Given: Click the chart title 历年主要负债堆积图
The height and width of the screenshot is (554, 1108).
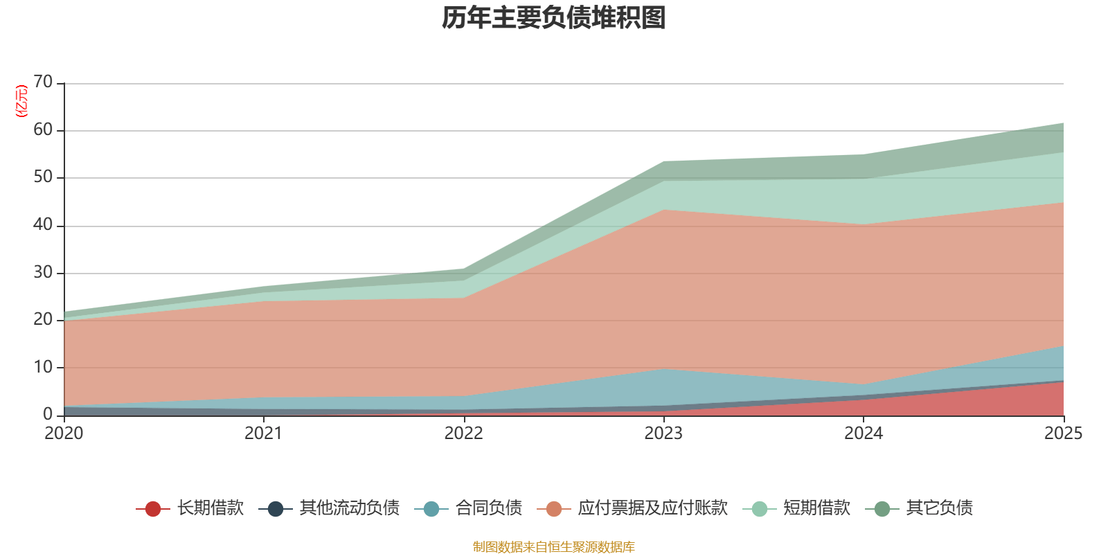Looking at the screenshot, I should pos(554,18).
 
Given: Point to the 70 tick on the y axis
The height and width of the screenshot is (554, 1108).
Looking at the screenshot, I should pos(43,82).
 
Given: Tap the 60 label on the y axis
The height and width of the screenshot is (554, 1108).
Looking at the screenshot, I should pos(43,129).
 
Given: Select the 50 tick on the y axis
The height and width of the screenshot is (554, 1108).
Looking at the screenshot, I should pos(43,177).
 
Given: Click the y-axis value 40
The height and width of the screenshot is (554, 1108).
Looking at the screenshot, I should pos(43,224).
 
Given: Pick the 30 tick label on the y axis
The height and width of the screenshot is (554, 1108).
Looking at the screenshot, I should pos(43,272).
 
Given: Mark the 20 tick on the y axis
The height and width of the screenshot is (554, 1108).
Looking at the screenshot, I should pos(43,319).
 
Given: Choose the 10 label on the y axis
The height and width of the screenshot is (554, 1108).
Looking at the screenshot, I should pos(43,367).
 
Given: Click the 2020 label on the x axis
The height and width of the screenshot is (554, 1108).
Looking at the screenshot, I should pos(64,434).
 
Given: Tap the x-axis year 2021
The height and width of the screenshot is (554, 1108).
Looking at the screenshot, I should pos(263,434).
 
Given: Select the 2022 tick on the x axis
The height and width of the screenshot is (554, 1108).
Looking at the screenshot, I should pos(463,434).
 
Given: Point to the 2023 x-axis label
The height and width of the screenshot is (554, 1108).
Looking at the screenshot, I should pos(663,434).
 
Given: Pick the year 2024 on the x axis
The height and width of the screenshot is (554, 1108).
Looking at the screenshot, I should pos(863,434).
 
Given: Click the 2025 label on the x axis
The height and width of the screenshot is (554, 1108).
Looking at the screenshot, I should pos(1062,434).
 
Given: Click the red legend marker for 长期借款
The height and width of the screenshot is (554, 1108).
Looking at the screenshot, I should pos(153,509).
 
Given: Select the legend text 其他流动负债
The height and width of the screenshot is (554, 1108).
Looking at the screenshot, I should pos(349,508).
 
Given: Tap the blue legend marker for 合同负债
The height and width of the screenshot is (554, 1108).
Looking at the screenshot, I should pos(431,509).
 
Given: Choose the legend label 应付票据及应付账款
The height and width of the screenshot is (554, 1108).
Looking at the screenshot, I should pos(652,508).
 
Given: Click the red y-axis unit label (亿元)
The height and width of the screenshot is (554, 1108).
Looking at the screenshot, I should pos(21,101).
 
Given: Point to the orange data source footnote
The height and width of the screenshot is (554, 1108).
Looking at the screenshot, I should pos(554,547).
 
